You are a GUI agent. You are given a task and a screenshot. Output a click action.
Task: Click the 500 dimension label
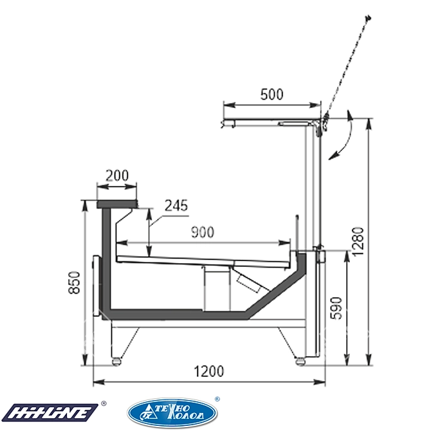271,95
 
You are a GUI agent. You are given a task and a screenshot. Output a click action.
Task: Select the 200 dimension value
117,176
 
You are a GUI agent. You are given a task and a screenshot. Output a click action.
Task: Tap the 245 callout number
176,205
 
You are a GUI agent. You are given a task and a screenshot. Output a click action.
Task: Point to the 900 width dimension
202,232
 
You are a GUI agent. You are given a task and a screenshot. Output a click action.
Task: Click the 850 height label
74,282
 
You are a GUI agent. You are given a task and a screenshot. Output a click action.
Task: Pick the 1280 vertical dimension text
358,242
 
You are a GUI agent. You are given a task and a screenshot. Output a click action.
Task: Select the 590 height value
336,308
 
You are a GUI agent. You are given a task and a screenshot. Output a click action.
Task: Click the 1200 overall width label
209,371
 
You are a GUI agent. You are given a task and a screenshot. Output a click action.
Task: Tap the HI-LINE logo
50,412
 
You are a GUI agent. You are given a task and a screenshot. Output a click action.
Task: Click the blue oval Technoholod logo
172,413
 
